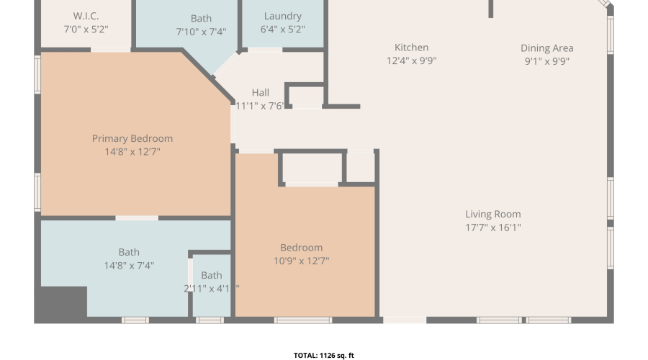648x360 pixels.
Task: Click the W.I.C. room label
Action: [86, 16]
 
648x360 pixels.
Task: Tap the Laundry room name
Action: [283, 16]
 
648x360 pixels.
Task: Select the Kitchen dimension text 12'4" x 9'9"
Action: [412, 60]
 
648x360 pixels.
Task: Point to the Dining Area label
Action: [546, 48]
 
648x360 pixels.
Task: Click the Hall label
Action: [261, 93]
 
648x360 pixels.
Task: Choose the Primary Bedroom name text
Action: [132, 138]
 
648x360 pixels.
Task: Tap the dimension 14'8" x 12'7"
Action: [132, 152]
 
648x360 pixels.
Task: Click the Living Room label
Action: [493, 214]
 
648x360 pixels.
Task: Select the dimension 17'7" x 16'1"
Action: [493, 228]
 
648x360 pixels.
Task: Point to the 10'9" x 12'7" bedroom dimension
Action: [301, 261]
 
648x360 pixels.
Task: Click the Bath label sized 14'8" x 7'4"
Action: [129, 252]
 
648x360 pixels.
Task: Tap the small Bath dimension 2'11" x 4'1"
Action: [212, 289]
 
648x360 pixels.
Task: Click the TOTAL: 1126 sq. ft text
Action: [324, 356]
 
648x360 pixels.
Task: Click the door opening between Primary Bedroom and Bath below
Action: [137, 218]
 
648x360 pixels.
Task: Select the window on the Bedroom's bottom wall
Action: [303, 320]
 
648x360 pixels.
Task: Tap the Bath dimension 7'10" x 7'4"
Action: [202, 32]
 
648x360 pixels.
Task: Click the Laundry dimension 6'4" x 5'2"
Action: [283, 30]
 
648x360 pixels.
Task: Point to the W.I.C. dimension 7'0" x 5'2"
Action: [86, 30]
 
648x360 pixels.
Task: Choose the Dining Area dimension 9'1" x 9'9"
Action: [546, 61]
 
